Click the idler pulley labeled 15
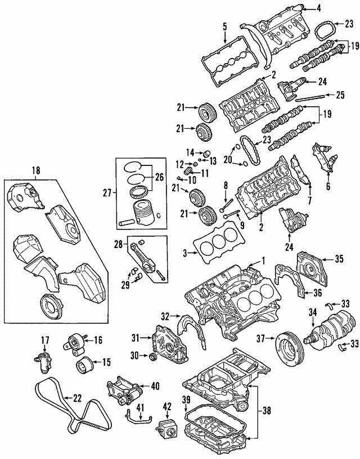coord(84,364)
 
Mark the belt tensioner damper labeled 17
coord(43,359)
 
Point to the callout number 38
coord(267,411)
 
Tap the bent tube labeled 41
coord(135,417)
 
